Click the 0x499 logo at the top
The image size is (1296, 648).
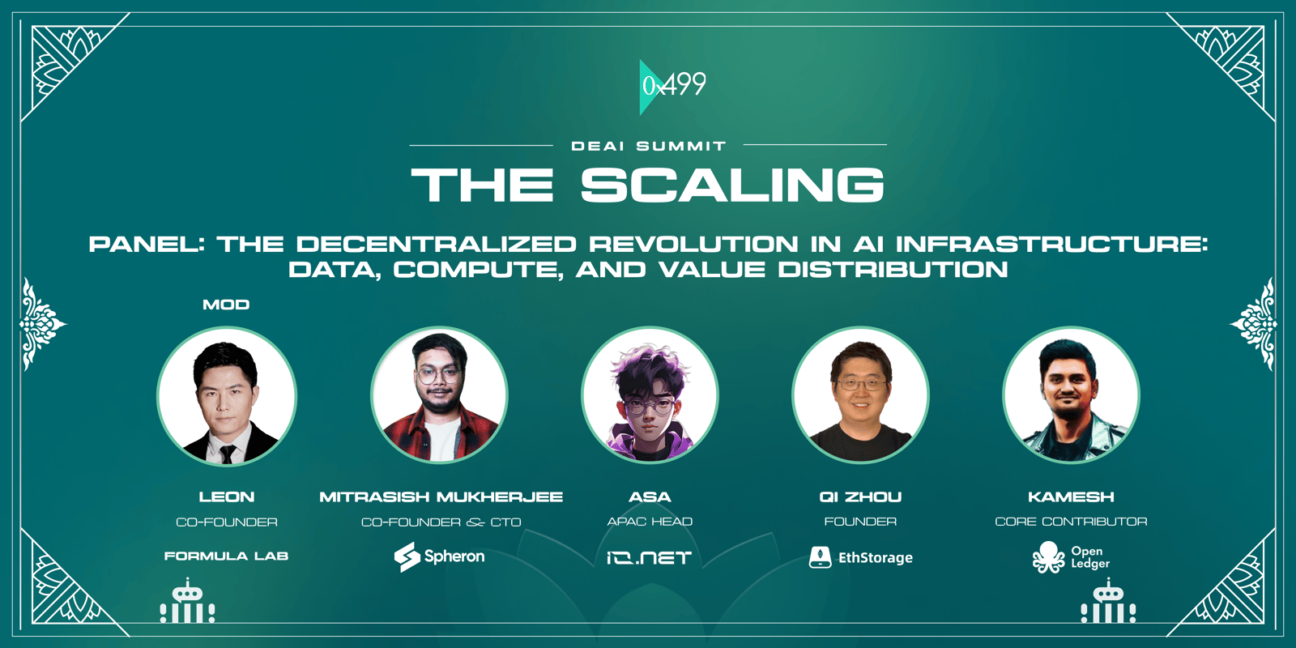coord(673,87)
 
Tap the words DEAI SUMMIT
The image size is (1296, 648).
coord(649,147)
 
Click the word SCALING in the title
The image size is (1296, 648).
coord(732,185)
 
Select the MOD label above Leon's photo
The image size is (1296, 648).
coord(226,305)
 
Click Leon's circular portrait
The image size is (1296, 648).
coord(227,396)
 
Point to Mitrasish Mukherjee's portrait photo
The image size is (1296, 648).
coord(439,395)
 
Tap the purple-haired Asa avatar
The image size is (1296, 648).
coord(650,395)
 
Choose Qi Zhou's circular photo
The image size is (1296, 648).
coord(860,395)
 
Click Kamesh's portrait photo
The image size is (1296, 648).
coord(1071,395)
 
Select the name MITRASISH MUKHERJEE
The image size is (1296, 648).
coord(441,497)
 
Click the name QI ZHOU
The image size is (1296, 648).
coord(860,497)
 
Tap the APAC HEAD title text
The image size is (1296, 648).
coord(650,522)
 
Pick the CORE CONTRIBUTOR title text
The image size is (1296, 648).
coord(1071,522)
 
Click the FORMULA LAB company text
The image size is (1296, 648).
coord(226,556)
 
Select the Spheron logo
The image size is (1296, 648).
coord(439,556)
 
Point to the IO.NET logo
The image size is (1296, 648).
coord(649,558)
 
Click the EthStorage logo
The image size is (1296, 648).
coord(860,557)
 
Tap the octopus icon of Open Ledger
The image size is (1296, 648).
coord(1048,557)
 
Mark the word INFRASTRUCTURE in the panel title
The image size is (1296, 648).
coord(1052,244)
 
